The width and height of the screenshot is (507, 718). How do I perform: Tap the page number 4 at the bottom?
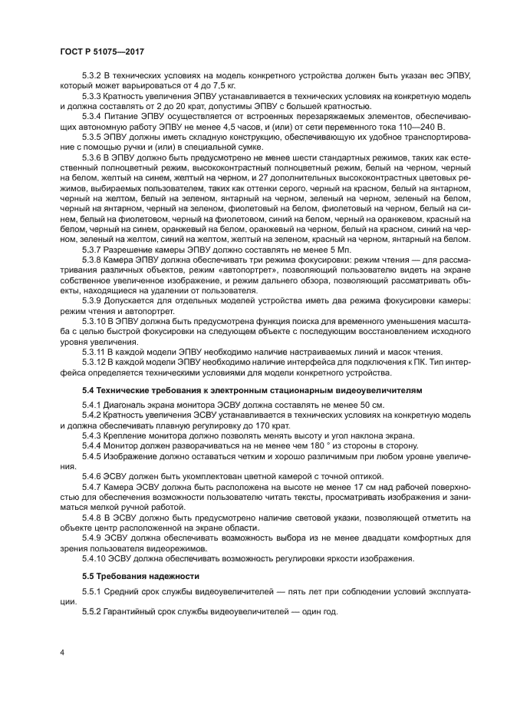[x=63, y=652]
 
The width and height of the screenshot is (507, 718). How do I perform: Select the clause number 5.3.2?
[x=94, y=77]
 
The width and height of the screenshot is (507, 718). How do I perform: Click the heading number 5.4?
[x=89, y=390]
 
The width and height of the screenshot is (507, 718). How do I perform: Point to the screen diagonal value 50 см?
[x=372, y=404]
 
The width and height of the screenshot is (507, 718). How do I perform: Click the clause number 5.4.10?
[x=97, y=558]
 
